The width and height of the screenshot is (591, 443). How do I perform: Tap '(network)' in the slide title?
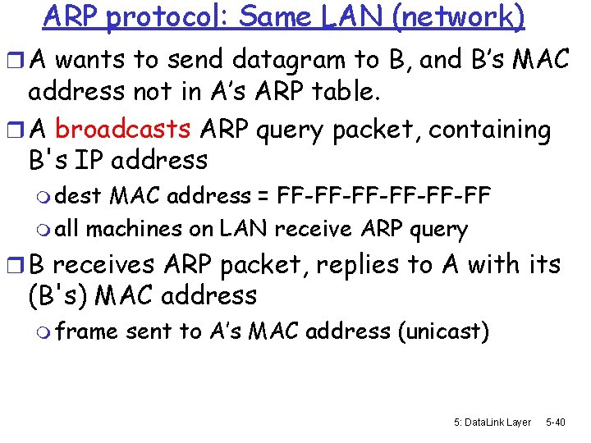point(460,16)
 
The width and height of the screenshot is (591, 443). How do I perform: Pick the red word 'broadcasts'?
point(123,130)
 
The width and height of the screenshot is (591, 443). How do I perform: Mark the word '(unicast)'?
point(443,331)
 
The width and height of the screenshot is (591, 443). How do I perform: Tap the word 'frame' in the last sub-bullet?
point(86,331)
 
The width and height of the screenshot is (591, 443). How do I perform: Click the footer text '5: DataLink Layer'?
point(492,422)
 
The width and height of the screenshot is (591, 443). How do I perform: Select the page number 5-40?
point(556,422)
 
